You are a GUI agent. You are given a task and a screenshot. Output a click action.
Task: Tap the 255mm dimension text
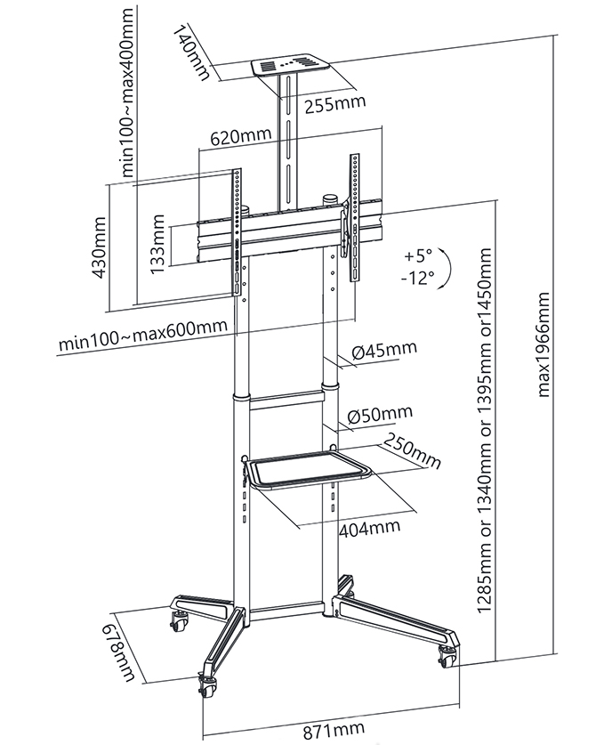click(x=335, y=105)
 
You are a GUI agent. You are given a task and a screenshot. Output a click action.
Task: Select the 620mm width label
click(x=241, y=137)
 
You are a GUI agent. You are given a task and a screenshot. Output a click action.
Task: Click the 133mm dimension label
click(x=157, y=242)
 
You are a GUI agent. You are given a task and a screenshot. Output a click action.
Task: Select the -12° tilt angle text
click(x=417, y=278)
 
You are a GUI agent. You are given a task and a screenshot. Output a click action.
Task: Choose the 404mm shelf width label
click(x=369, y=527)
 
